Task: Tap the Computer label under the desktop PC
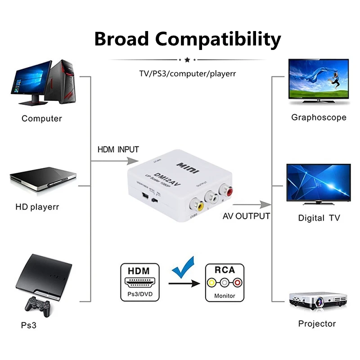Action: tap(41, 119)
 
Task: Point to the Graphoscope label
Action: tap(319, 117)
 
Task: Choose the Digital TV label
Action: tap(319, 218)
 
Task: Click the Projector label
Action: tap(317, 324)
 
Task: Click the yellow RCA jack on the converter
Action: tap(198, 205)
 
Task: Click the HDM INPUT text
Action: tap(118, 149)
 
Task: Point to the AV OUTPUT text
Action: tap(246, 216)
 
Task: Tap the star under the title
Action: tap(187, 59)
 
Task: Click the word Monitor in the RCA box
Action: tap(225, 296)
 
